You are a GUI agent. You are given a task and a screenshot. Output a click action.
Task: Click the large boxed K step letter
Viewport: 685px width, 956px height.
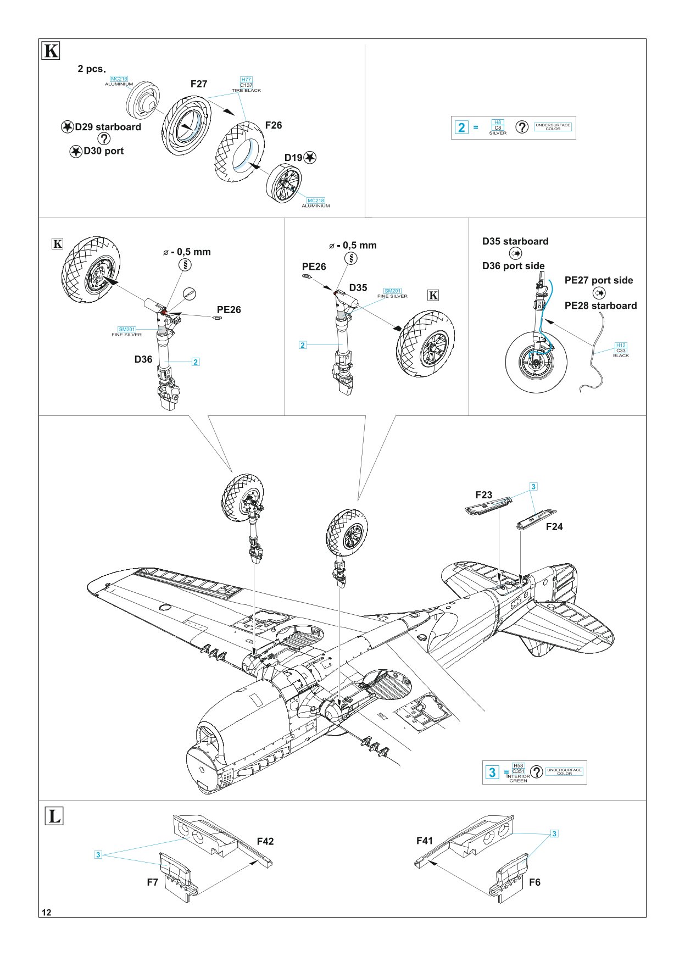[51, 51]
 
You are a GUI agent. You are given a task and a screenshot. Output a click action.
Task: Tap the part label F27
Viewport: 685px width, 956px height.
[199, 84]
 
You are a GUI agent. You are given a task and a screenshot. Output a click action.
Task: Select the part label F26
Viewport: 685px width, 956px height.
[274, 125]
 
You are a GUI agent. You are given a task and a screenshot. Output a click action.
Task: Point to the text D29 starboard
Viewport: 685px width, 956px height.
[108, 127]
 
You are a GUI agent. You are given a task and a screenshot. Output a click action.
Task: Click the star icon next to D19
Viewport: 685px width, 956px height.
[310, 158]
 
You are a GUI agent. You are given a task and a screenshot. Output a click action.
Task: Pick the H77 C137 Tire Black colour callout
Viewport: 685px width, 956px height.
[246, 85]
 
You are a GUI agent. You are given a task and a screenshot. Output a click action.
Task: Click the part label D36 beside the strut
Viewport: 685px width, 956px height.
[143, 359]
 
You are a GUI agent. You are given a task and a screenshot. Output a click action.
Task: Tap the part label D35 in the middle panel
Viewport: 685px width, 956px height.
[358, 287]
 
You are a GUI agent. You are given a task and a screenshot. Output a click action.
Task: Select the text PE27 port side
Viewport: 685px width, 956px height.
[598, 280]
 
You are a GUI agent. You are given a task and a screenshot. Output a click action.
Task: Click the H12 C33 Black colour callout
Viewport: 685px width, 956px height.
[621, 350]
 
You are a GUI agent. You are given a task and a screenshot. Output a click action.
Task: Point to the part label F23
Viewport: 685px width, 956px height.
[484, 495]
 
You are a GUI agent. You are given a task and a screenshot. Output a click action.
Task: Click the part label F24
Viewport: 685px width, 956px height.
[554, 526]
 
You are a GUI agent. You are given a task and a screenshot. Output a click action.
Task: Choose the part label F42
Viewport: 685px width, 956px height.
[265, 841]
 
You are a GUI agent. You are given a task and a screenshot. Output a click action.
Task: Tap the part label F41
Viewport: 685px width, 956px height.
[425, 841]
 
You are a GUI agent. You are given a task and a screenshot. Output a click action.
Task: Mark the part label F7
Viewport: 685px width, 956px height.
[153, 882]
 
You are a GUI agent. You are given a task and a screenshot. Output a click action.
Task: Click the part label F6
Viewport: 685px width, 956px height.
[534, 882]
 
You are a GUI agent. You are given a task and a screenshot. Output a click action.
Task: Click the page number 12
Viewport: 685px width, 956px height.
[47, 913]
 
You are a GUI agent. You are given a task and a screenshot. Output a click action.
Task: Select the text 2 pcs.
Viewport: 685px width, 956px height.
[91, 69]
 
